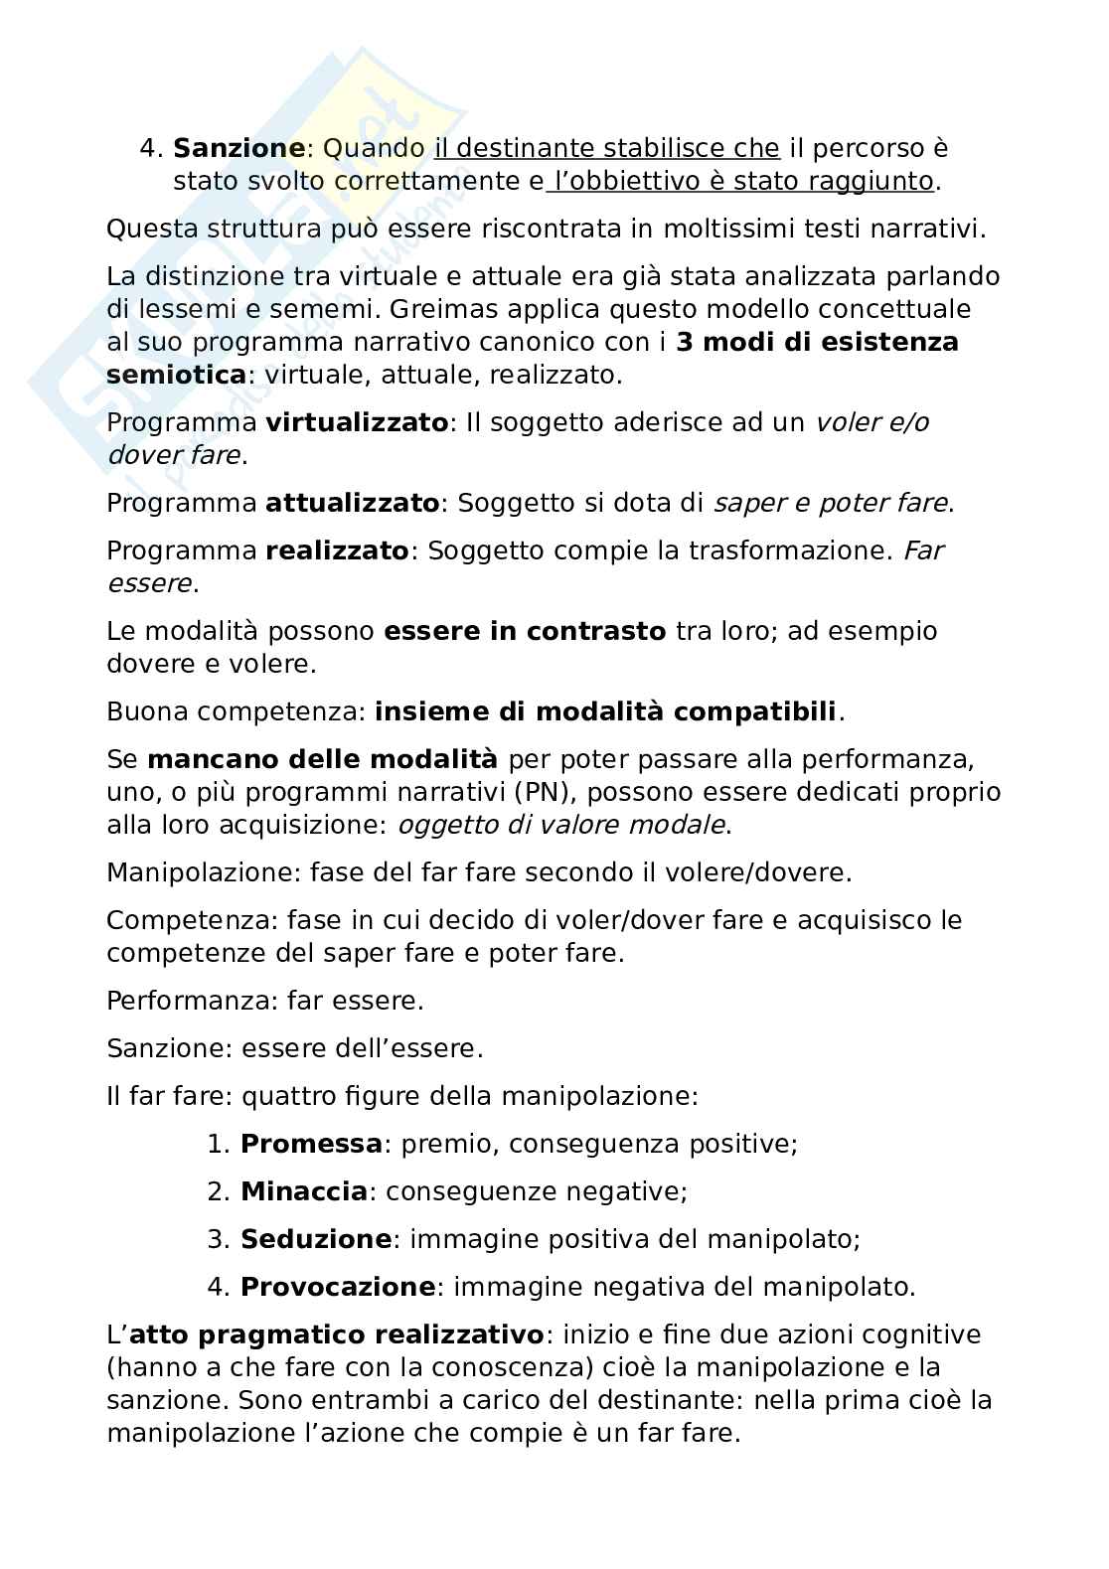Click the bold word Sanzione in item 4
click(x=238, y=148)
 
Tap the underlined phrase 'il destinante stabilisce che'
click(x=607, y=148)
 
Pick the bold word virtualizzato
click(x=357, y=422)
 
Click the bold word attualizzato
click(x=352, y=503)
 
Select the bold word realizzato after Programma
click(x=337, y=550)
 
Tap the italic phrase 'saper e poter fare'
click(x=830, y=503)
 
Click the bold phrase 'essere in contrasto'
click(x=524, y=631)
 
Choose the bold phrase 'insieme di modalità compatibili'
click(x=606, y=711)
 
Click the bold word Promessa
click(x=311, y=1144)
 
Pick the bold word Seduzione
click(x=316, y=1239)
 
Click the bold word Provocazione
click(x=338, y=1287)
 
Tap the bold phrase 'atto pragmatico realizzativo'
click(x=336, y=1334)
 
